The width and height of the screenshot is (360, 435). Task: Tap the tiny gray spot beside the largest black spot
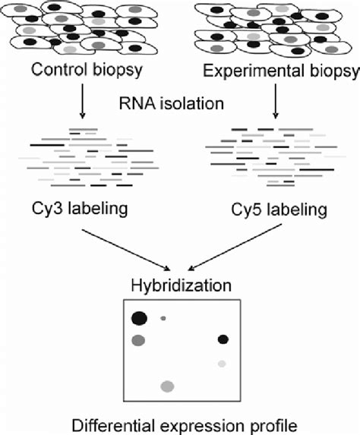click(x=163, y=319)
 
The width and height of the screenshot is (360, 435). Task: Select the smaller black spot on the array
click(x=223, y=339)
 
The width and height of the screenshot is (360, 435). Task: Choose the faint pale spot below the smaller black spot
click(x=222, y=364)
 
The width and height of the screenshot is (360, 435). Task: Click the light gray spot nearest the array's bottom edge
click(x=166, y=387)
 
